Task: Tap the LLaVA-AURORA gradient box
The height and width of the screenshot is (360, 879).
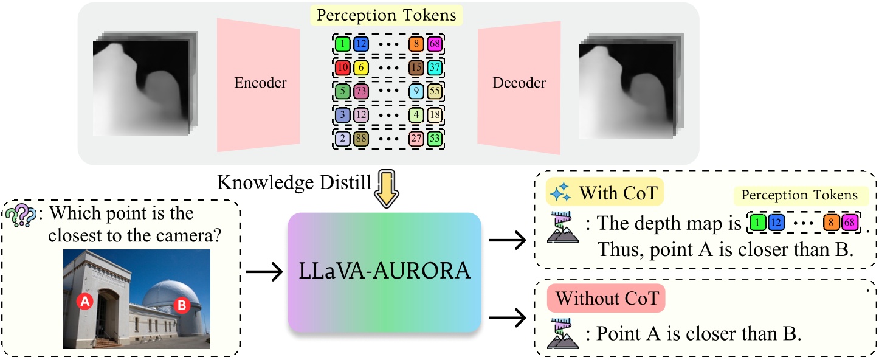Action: [384, 272]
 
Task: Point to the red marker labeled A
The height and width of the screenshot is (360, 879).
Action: [86, 301]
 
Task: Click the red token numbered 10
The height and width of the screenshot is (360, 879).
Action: [342, 67]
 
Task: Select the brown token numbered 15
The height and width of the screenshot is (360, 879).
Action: [416, 67]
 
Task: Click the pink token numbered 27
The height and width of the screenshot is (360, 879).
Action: [416, 139]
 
